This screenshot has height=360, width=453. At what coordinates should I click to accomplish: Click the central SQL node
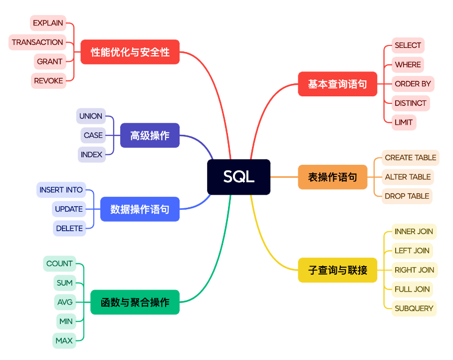(238, 177)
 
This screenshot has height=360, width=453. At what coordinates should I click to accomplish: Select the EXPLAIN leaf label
(48, 23)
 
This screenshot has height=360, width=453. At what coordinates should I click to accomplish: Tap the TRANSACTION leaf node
(37, 42)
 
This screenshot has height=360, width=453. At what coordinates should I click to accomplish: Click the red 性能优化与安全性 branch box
(130, 52)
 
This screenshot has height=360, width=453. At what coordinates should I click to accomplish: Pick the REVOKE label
(48, 81)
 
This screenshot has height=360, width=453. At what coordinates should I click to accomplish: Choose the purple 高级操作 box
(150, 135)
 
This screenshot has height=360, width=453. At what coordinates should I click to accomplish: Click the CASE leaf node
(93, 135)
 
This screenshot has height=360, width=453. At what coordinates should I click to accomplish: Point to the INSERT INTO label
(61, 190)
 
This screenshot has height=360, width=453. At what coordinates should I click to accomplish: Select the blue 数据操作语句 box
(140, 209)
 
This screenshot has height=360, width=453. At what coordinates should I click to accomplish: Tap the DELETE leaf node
(69, 229)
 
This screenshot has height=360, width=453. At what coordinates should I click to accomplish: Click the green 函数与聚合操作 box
(135, 302)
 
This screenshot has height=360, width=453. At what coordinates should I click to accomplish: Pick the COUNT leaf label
(59, 264)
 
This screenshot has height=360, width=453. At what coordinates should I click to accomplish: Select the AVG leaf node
(65, 302)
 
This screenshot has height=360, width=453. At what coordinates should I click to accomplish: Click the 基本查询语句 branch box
(337, 84)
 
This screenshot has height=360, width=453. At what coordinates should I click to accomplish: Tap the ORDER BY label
(413, 84)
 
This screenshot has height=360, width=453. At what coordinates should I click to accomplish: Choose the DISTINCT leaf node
(410, 103)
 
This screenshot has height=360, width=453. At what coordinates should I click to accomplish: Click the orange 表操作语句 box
(332, 177)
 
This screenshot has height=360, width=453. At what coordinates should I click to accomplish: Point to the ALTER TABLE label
(408, 177)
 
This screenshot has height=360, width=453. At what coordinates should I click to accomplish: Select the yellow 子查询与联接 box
(337, 270)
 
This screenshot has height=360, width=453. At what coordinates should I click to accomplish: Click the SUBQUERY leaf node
(414, 309)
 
